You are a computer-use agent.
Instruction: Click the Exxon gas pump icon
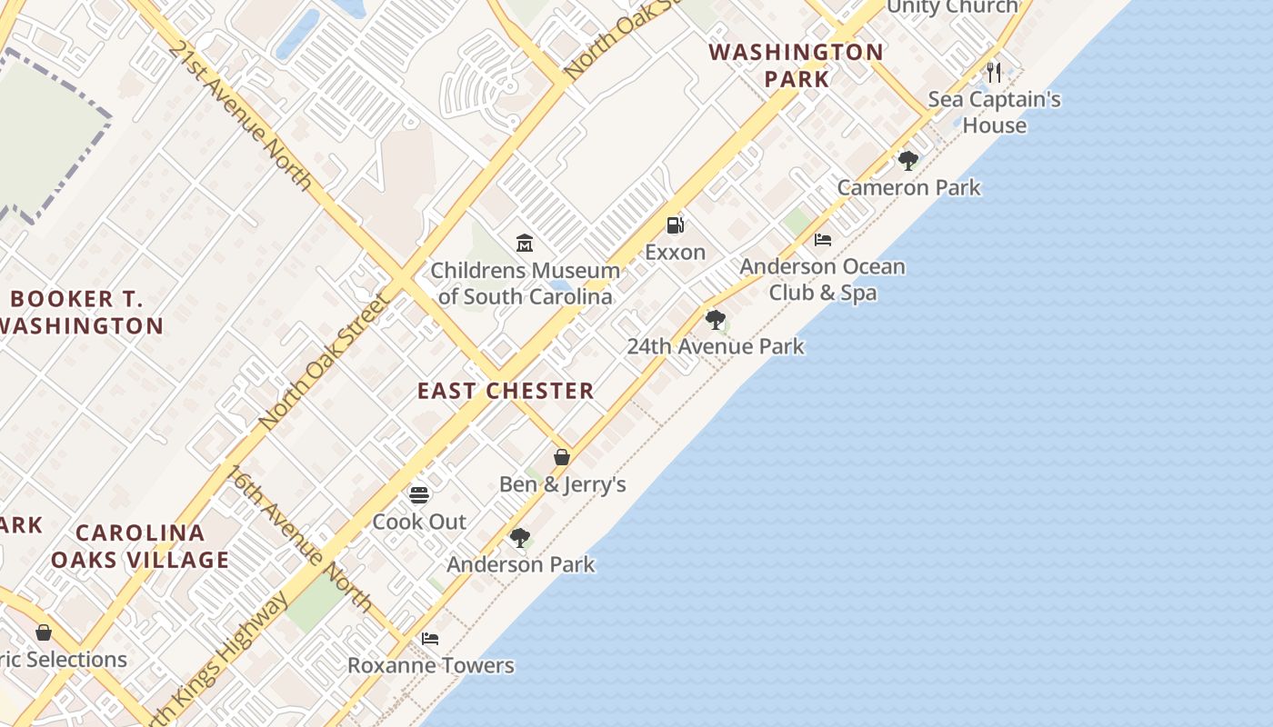(675, 225)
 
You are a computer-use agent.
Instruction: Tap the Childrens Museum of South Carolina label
(525, 284)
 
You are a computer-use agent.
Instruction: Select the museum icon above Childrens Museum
(525, 243)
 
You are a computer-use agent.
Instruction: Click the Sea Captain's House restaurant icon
(994, 72)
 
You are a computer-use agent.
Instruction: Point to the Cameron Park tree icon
(907, 161)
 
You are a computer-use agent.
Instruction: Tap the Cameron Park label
(908, 188)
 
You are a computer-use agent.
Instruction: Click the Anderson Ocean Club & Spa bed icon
(823, 240)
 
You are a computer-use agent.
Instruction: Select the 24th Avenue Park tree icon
(716, 320)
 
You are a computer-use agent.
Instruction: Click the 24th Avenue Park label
(716, 346)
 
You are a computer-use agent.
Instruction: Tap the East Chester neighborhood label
(506, 391)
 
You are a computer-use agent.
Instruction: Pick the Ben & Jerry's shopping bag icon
(562, 457)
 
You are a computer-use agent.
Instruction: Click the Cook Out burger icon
(419, 495)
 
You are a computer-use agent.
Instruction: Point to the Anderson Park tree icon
(520, 538)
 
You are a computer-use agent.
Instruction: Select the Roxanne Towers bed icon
(430, 639)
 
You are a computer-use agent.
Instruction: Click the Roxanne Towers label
(431, 666)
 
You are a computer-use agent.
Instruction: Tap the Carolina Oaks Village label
(140, 546)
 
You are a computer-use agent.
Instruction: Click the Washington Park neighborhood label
(797, 65)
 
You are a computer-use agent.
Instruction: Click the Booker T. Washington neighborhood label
(82, 312)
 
